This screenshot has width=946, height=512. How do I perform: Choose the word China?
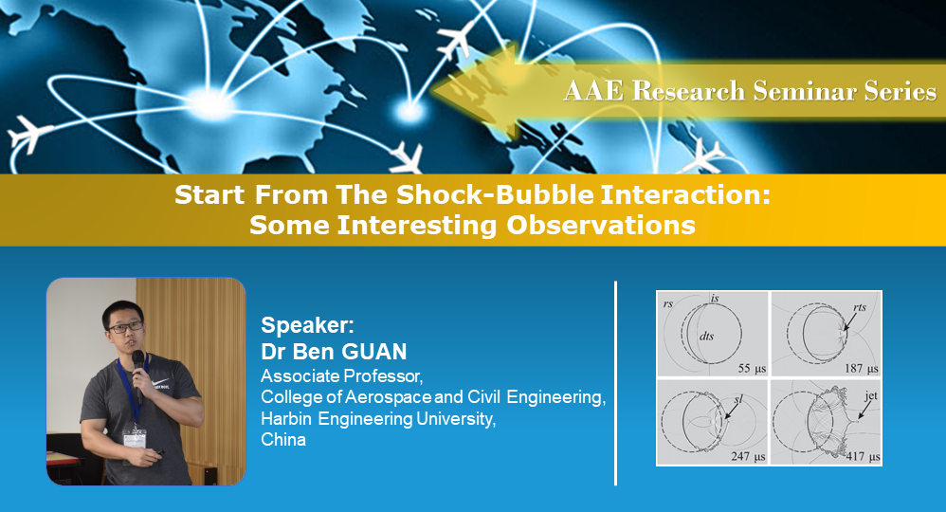pos(283,440)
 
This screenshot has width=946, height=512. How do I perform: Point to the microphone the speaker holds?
pos(138,361)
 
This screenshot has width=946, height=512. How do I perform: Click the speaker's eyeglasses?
pos(125,327)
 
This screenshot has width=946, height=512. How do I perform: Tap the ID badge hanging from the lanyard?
pos(135,438)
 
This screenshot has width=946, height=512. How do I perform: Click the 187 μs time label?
pos(861,366)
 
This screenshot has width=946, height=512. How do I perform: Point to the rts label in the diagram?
pos(860,307)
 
